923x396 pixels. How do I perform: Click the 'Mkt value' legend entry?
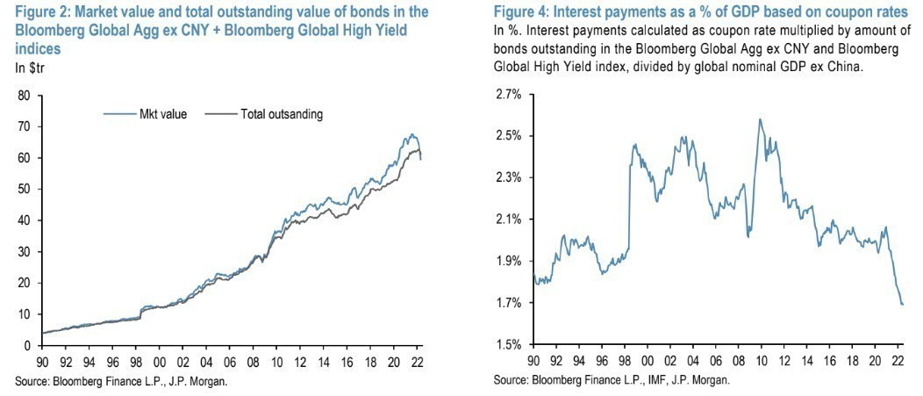point(157,114)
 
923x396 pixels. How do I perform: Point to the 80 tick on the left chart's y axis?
point(24,95)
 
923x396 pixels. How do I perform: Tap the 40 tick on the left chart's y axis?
point(24,220)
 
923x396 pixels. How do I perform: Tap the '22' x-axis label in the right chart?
point(898,360)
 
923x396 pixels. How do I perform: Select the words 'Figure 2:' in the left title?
point(39,11)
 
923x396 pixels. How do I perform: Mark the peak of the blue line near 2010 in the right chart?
point(759,119)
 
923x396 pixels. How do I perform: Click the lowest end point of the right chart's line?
point(902,304)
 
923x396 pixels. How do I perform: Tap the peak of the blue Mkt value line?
point(411,134)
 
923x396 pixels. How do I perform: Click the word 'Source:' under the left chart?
point(29,380)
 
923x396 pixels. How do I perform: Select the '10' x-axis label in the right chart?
point(759,360)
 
